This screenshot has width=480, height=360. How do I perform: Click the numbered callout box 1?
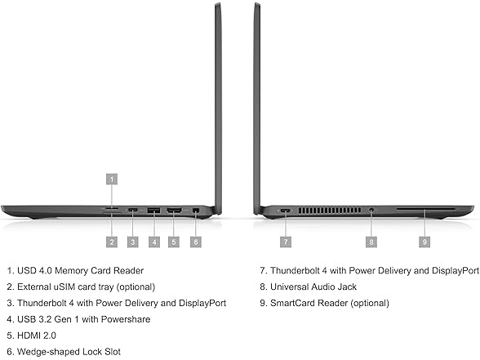click(x=112, y=179)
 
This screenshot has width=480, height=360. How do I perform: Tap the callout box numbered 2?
click(x=112, y=242)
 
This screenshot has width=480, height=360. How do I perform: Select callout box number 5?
click(x=174, y=242)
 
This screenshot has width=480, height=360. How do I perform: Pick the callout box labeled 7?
click(x=286, y=242)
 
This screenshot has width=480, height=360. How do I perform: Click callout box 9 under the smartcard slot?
click(x=424, y=242)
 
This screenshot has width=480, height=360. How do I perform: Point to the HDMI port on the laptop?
click(x=174, y=211)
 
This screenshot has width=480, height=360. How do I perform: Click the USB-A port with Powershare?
click(x=153, y=211)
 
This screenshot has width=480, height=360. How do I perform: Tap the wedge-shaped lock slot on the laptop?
click(x=196, y=211)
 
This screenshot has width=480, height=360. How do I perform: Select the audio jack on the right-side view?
click(x=371, y=211)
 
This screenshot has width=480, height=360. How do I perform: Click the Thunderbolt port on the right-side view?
click(x=286, y=211)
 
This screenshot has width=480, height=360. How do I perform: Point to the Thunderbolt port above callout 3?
click(x=132, y=210)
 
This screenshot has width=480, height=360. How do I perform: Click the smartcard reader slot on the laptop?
click(x=426, y=208)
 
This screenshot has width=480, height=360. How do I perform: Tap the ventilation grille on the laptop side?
click(x=330, y=211)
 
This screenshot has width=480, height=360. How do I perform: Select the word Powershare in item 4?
click(x=126, y=319)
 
